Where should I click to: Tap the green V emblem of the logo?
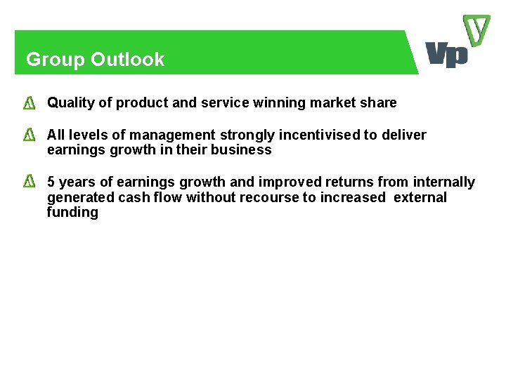tap(476, 32)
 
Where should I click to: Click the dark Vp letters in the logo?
tap(446, 54)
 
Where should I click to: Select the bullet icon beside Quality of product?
tap(30, 104)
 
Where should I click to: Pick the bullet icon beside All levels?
tap(30, 135)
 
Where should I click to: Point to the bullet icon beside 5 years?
tap(30, 182)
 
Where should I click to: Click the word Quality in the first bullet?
tap(70, 103)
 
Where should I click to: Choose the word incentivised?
tap(317, 135)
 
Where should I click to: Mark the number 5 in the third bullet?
tap(51, 182)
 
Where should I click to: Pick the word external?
tap(420, 198)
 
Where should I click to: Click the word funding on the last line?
tap(72, 213)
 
